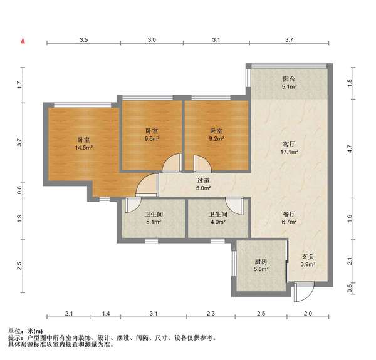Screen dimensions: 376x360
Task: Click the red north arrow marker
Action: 23,41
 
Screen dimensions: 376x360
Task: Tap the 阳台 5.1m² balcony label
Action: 289,83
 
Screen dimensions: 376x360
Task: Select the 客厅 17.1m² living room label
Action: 289,148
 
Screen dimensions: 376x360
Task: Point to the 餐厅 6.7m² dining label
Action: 289,218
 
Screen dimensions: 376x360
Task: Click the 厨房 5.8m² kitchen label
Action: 261,265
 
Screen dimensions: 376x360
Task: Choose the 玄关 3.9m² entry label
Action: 308,260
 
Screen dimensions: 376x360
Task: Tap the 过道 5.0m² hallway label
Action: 203,184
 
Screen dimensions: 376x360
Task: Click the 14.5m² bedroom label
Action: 84,144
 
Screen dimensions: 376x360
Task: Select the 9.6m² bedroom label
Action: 152,135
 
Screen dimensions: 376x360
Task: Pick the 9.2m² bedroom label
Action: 217,135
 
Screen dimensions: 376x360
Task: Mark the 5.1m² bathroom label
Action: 154,218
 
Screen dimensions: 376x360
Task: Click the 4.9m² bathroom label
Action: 218,218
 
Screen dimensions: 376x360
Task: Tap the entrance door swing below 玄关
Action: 304,292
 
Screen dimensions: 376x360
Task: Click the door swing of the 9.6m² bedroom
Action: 172,163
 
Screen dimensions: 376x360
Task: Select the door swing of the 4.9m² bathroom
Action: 234,206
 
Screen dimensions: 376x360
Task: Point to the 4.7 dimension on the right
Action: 350,149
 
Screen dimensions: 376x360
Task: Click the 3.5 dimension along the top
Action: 84,40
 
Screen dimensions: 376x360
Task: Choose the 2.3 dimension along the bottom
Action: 211,313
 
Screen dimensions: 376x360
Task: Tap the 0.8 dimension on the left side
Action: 19,190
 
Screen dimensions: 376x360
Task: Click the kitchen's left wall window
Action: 234,263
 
